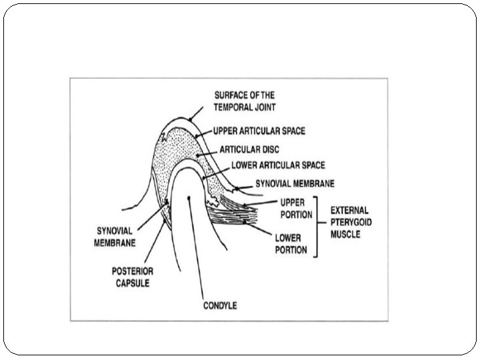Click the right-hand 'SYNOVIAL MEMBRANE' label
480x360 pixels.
click(294, 183)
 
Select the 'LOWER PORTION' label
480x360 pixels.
click(291, 244)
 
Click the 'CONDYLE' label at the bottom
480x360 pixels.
click(220, 306)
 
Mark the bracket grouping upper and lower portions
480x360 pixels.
click(319, 226)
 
